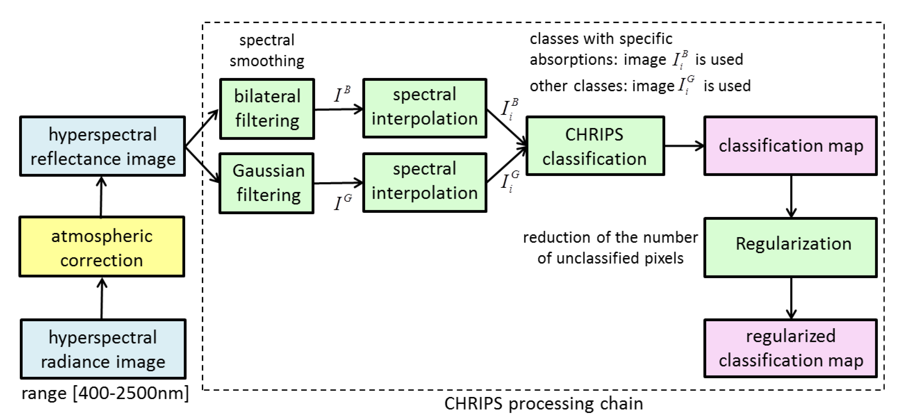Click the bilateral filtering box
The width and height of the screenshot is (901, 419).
pos(267,109)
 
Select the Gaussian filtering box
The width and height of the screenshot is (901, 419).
pos(267,183)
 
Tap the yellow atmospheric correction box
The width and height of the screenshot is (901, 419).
pos(102,247)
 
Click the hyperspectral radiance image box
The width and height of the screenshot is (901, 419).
pos(103,349)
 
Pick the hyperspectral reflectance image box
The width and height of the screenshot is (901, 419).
pos(102,146)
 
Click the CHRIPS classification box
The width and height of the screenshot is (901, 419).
pos(595,146)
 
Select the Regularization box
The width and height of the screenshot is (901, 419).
pos(791,247)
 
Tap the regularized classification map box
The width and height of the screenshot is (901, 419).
pos(791,348)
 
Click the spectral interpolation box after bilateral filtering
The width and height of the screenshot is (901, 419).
pos(425,108)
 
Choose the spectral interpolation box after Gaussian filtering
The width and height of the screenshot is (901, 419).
pos(425,182)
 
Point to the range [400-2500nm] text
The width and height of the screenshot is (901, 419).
pos(105,393)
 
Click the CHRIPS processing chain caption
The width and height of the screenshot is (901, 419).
pos(544,404)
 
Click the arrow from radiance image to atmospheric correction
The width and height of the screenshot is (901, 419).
pos(102,298)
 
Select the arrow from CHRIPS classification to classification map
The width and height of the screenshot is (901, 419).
pos(684,146)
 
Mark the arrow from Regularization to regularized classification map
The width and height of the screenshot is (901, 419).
pos(791,298)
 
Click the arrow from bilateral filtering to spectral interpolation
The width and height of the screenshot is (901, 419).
pos(338,109)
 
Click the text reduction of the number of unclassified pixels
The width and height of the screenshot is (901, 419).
pos(610,248)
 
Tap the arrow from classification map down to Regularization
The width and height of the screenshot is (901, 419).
pos(791,196)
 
